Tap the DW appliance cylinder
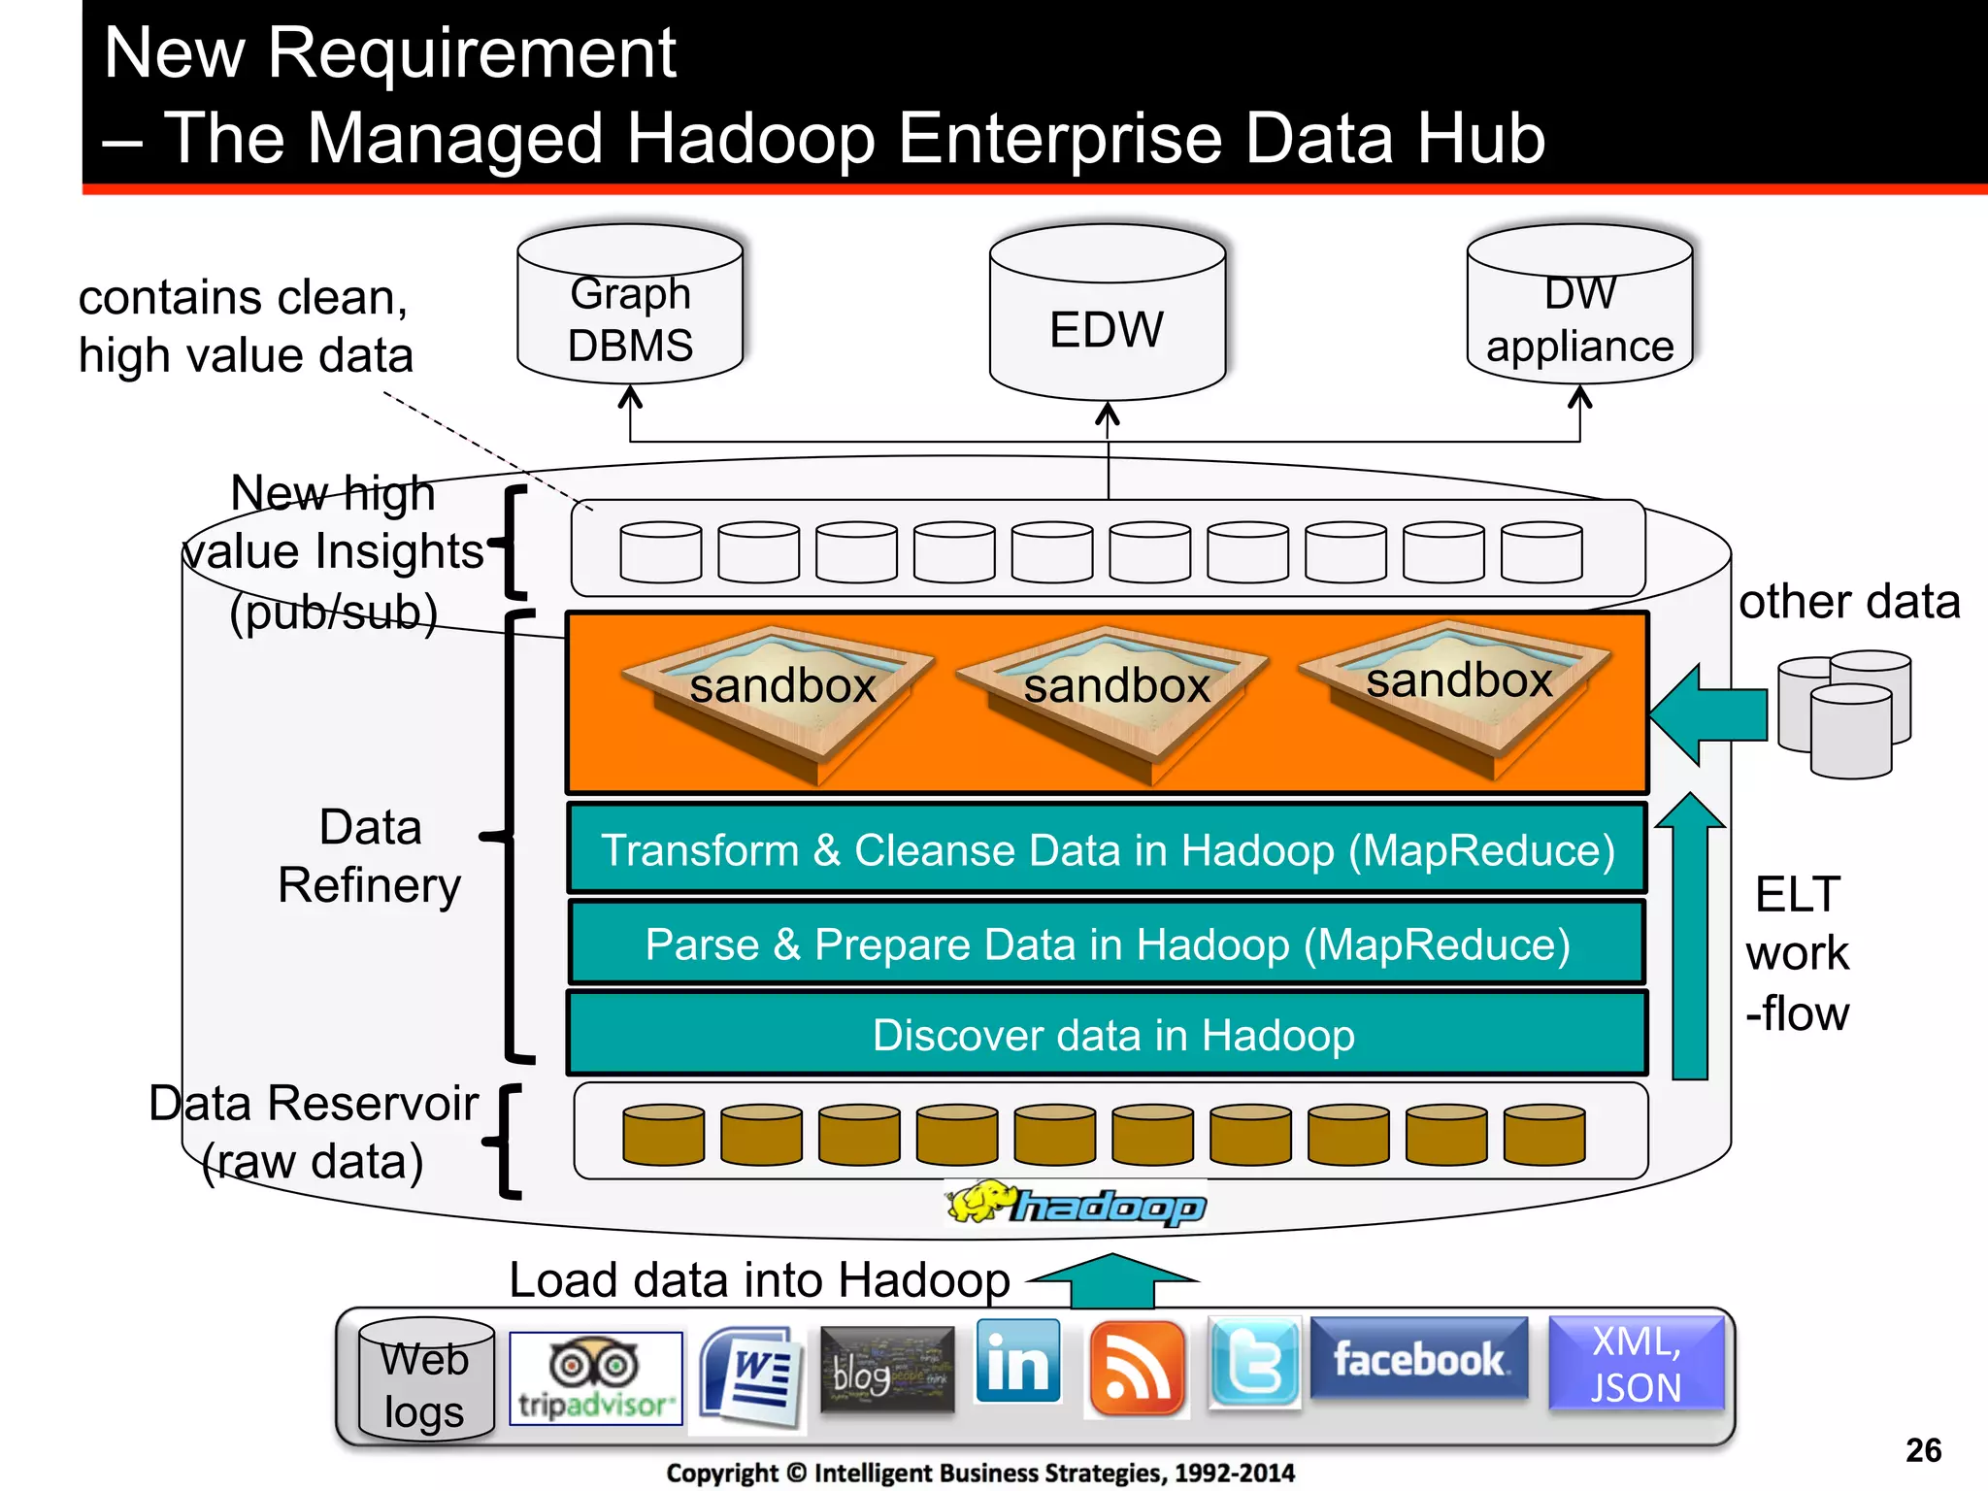tap(1579, 311)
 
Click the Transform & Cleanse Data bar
tap(1107, 849)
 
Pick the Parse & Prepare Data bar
tap(1107, 944)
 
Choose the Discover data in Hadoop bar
tap(1107, 1035)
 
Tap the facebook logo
tap(1419, 1359)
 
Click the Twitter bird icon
tap(1253, 1363)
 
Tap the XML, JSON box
tap(1636, 1363)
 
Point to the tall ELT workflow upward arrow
tap(1690, 942)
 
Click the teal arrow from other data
tap(1708, 715)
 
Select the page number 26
tap(1923, 1450)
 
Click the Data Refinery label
tap(370, 856)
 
